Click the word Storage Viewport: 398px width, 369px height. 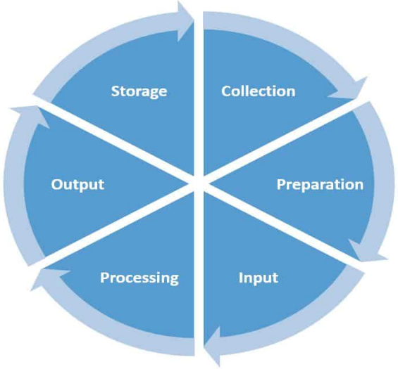pyautogui.click(x=139, y=91)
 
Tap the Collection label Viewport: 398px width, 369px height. pyautogui.click(x=259, y=91)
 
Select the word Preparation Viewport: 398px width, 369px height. pyautogui.click(x=320, y=185)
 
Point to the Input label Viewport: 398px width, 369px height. pyautogui.click(x=259, y=278)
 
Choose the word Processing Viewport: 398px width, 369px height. pyautogui.click(x=139, y=278)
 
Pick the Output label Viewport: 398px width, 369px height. pyautogui.click(x=77, y=185)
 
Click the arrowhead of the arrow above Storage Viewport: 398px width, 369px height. pyautogui.click(x=186, y=21)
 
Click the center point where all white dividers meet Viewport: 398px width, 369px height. pyautogui.click(x=199, y=183)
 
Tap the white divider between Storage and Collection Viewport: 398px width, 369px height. pyautogui.click(x=199, y=96)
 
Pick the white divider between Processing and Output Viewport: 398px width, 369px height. pyautogui.click(x=116, y=226)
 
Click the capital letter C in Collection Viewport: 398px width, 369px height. pyautogui.click(x=226, y=91)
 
